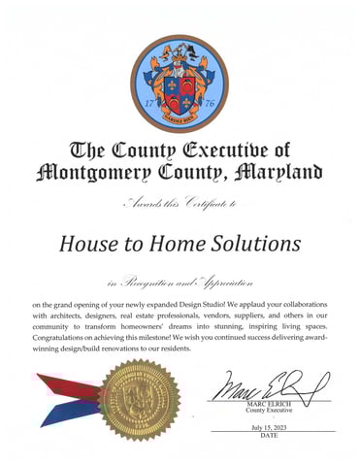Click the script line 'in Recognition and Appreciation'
(180, 281)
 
